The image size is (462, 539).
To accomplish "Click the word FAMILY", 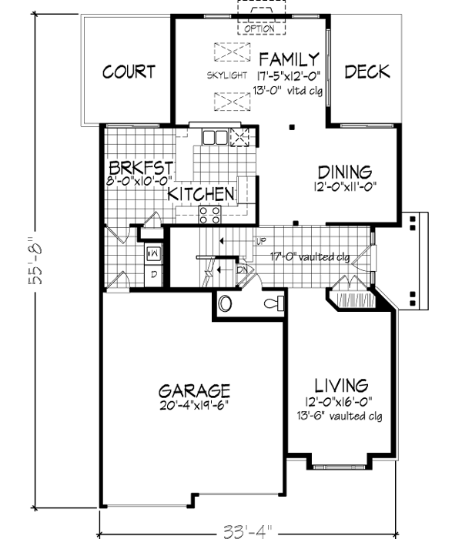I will point(288,59).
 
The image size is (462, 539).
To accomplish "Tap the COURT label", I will point(129,72).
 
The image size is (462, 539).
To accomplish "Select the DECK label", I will point(367,72).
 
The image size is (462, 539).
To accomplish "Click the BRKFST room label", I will point(140,168).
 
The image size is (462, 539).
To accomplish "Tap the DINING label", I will point(345,172).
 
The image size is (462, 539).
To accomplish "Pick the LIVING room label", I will point(341,384).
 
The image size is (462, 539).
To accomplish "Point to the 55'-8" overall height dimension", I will point(34,263).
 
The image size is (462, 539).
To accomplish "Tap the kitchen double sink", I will point(215,138).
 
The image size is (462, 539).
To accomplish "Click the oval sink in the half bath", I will point(226,303).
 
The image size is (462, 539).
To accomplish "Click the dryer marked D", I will point(153,274).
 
